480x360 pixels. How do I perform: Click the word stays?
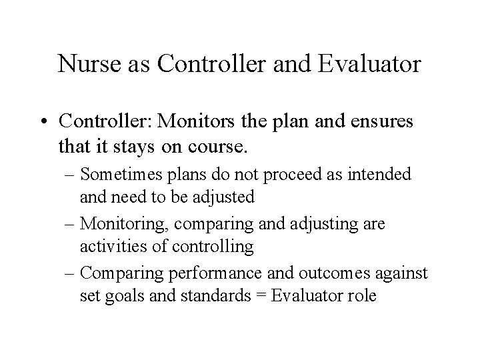pyautogui.click(x=153, y=143)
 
